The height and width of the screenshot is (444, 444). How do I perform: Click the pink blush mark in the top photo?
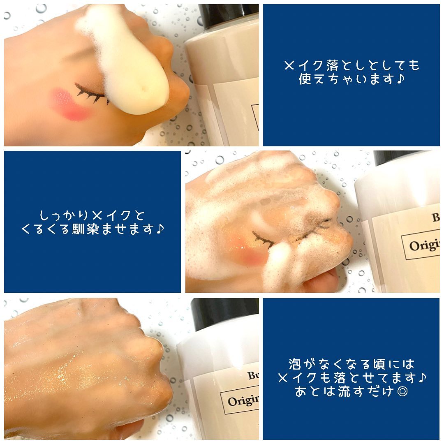click(x=71, y=104)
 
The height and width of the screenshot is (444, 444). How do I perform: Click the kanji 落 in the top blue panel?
click(x=333, y=66)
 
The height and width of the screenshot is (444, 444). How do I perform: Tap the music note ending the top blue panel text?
click(x=401, y=79)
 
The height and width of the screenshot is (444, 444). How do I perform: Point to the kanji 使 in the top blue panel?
click(x=305, y=79)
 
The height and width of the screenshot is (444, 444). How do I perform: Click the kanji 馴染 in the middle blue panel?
click(x=86, y=229)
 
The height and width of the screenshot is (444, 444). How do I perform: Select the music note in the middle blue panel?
click(x=160, y=229)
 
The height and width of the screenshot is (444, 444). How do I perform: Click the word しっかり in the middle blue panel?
click(x=64, y=215)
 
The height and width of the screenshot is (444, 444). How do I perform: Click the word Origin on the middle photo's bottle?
click(x=424, y=245)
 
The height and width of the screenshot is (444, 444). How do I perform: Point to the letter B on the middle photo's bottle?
click(x=435, y=217)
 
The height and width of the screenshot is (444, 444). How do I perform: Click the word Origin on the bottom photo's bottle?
click(x=243, y=400)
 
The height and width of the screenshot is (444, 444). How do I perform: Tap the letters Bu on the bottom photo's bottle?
click(x=253, y=375)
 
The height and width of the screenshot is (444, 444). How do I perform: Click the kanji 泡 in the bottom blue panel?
click(x=295, y=364)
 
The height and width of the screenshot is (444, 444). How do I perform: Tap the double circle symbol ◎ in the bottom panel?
click(x=402, y=391)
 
